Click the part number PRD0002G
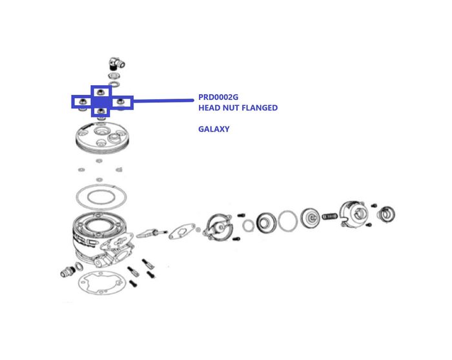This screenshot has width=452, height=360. point(218,97)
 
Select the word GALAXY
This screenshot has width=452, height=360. point(213,129)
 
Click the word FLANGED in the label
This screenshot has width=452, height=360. point(259,108)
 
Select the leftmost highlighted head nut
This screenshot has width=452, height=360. point(82,101)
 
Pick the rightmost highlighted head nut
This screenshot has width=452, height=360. point(121,101)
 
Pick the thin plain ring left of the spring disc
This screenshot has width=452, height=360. point(288,221)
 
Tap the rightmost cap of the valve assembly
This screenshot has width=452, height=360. point(387,214)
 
